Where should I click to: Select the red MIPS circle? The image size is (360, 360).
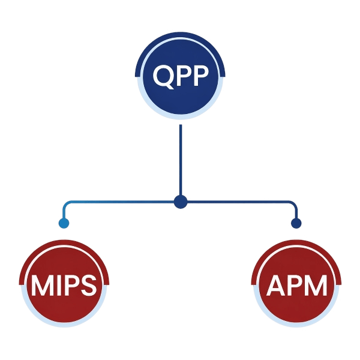64,286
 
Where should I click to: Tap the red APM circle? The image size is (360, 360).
296,286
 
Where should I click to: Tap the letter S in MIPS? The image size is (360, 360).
88,286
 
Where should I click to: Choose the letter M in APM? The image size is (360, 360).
315,286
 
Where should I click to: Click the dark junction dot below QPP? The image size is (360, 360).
180,202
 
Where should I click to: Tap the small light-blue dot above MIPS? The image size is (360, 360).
64,224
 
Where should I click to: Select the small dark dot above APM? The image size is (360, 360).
296,224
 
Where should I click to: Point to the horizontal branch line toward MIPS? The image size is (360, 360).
120,202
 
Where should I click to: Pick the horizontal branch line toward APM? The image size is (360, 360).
240,202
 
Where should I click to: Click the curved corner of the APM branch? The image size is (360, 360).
293,205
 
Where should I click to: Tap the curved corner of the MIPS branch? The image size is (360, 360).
66,205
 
